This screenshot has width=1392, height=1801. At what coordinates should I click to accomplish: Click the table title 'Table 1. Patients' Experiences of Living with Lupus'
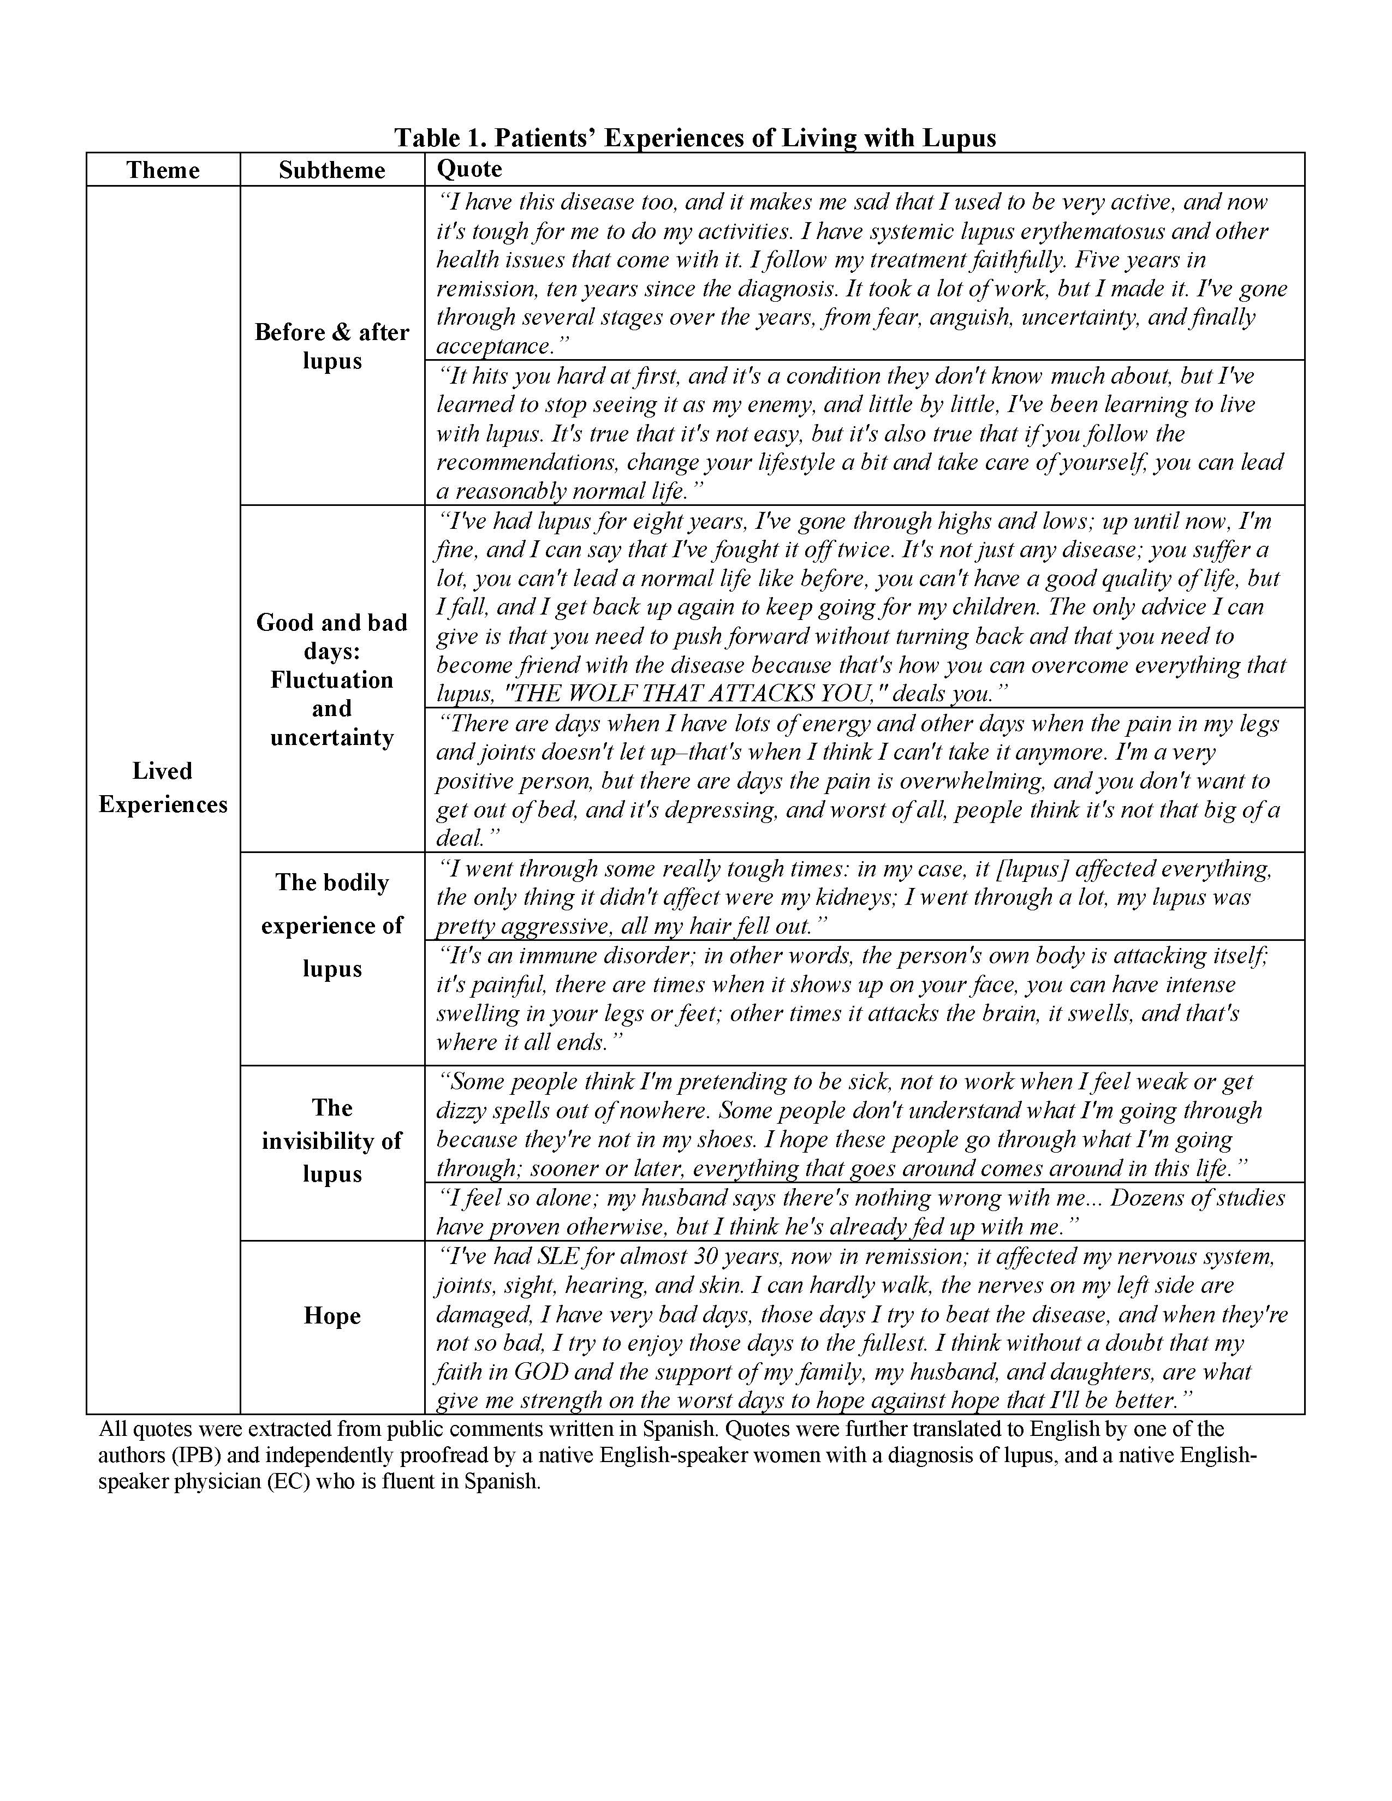(694, 137)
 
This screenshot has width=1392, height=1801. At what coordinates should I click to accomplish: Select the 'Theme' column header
(163, 170)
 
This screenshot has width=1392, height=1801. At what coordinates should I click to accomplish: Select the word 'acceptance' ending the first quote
(493, 347)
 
